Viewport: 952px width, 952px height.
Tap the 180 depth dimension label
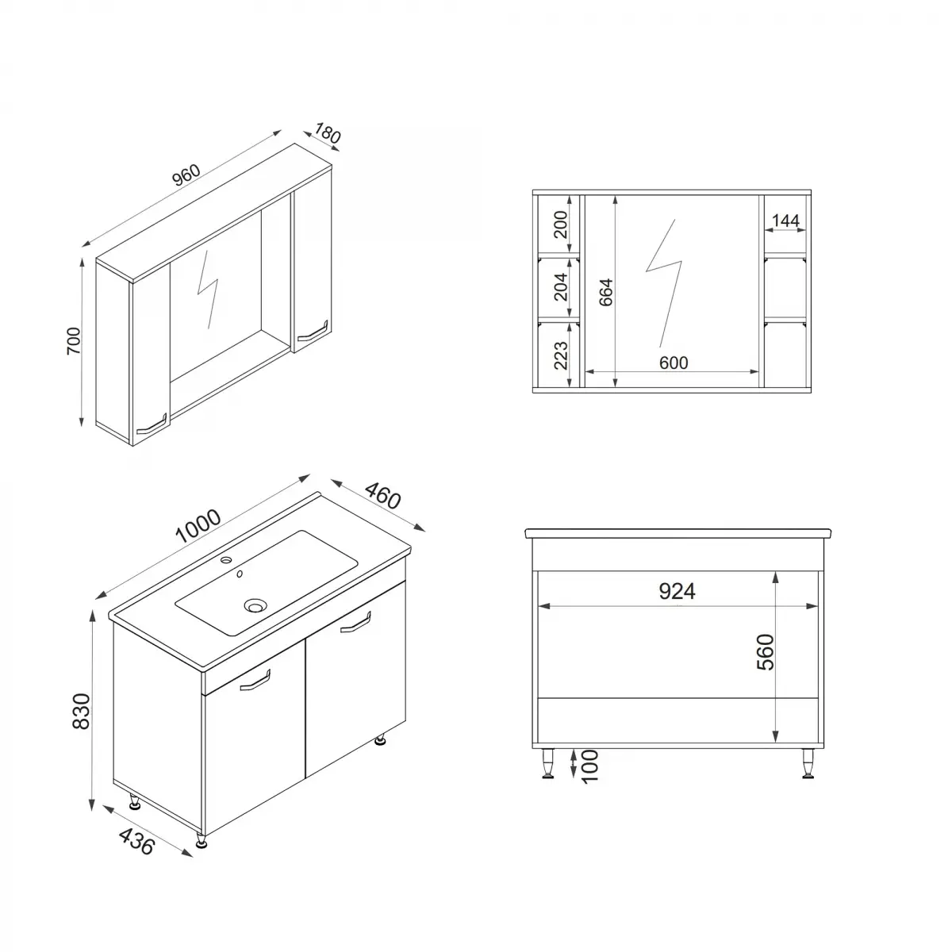point(327,134)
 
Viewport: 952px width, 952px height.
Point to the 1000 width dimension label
point(197,526)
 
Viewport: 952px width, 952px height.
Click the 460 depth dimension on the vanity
point(382,497)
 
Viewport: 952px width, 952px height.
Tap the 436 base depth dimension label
point(137,841)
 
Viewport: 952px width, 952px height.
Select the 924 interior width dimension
point(677,591)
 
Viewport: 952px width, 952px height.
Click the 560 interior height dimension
point(765,652)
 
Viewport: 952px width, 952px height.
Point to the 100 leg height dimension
point(589,767)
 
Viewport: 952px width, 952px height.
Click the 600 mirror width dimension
point(673,363)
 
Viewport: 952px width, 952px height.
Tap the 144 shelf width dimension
point(785,221)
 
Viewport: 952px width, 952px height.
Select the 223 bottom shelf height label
point(560,355)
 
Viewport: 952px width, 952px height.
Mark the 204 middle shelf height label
point(560,286)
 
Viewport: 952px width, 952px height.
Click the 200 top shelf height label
point(560,225)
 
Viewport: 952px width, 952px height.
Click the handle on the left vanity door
point(255,681)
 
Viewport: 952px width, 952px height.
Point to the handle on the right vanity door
point(356,624)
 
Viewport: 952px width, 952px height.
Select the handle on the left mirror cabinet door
point(151,425)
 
